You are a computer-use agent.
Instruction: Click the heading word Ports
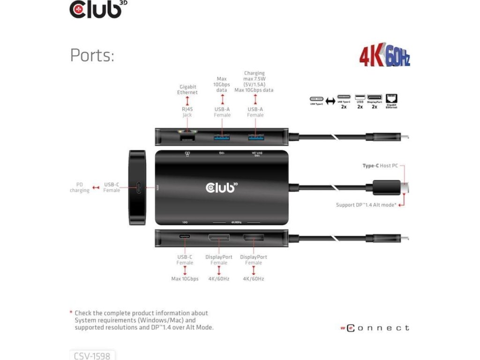point(92,55)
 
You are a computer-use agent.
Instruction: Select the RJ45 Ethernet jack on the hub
point(187,137)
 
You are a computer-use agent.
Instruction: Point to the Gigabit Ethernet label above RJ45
point(187,90)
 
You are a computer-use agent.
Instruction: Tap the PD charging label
point(79,187)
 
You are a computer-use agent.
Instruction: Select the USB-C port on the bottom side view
point(185,240)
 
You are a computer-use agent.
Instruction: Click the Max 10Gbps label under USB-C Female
point(185,279)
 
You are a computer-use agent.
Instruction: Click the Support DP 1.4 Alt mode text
point(366,205)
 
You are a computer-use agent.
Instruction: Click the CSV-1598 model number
point(92,356)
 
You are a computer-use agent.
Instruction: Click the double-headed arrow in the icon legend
point(330,100)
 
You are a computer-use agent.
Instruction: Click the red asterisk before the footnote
point(70,313)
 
